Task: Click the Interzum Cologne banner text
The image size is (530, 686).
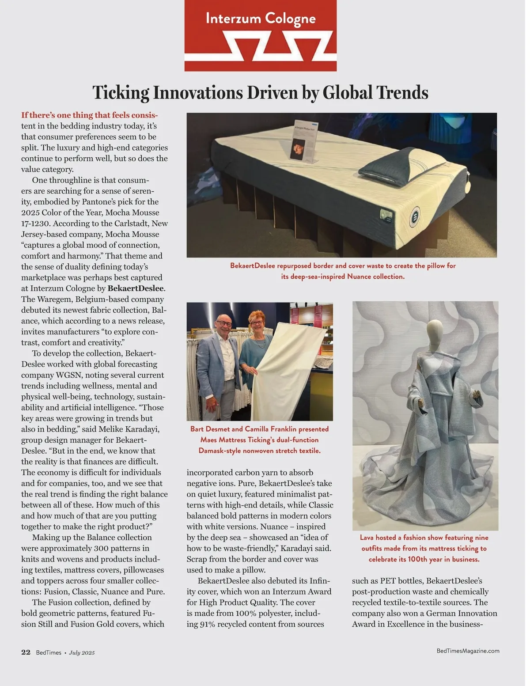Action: coord(261,19)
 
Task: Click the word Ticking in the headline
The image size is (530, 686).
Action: coord(121,93)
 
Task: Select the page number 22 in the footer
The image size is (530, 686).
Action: coord(26,652)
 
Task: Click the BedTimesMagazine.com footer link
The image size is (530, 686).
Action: coord(468,651)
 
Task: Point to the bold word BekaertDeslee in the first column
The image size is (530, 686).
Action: coord(136,288)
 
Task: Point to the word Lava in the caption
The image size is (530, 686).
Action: coord(368,538)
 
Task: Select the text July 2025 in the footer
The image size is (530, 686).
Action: coord(82,653)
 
